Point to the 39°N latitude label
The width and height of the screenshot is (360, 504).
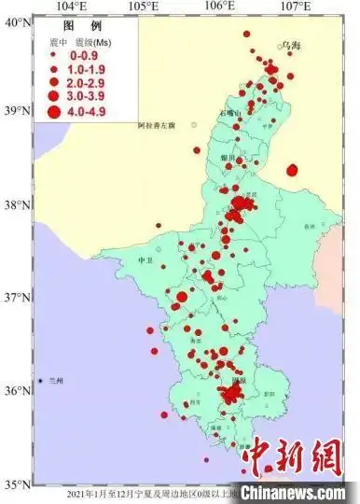[17, 111]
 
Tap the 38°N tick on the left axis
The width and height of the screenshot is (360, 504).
[17, 204]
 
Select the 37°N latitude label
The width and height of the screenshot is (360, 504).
[17, 298]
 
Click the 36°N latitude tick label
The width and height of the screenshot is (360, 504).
[17, 391]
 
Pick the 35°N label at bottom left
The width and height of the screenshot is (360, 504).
[17, 483]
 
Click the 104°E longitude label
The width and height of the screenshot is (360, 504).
[72, 7]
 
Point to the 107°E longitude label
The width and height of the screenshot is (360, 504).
[296, 7]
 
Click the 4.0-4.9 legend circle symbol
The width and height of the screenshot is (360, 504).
[53, 112]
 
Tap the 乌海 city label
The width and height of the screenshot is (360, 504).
[293, 45]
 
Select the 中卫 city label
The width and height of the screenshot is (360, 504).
[144, 260]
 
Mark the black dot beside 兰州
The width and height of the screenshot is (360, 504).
[42, 381]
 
